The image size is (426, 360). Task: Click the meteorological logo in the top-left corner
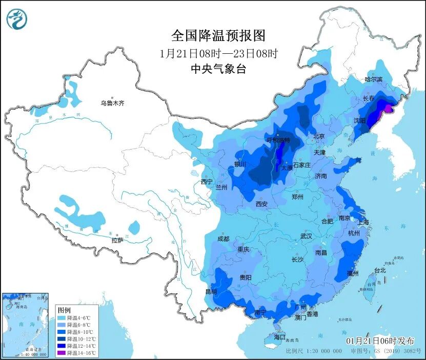(17, 20)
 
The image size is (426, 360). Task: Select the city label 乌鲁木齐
(112, 103)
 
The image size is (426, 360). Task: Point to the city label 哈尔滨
(373, 79)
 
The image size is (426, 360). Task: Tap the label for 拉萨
(117, 240)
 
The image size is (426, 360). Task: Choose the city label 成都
(223, 239)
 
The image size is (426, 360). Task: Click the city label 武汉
(306, 236)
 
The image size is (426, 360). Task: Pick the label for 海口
(279, 337)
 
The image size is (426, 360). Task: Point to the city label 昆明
(211, 291)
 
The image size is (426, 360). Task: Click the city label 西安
(261, 204)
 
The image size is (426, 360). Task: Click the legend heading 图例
(64, 310)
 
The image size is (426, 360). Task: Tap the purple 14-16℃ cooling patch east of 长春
(389, 108)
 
